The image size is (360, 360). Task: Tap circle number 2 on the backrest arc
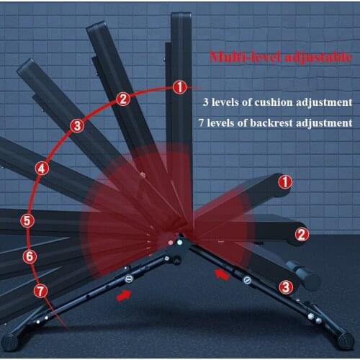point(123,99)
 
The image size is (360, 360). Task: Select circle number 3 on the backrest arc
point(77,126)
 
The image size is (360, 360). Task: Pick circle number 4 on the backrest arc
point(42,168)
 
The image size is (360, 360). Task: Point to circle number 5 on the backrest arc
point(27,221)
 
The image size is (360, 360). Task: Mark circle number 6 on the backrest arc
point(30,256)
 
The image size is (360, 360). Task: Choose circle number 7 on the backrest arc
point(41,291)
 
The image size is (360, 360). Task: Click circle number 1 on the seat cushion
point(286,182)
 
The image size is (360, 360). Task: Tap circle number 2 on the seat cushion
point(302,233)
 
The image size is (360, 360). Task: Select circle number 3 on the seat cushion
point(286,287)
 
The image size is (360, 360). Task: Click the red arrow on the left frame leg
point(125,295)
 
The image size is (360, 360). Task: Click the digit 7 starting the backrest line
point(202,123)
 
